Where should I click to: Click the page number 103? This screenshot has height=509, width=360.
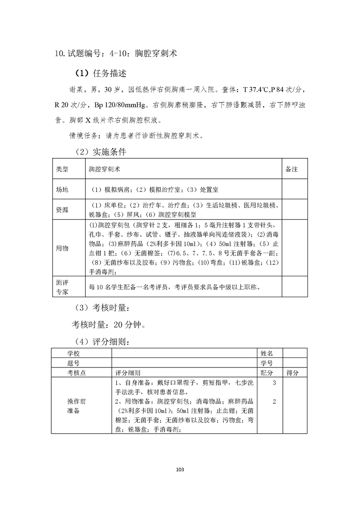[x=180, y=469]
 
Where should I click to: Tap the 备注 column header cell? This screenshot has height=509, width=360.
[x=291, y=169]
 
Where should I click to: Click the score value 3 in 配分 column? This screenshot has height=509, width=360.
[x=274, y=383]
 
